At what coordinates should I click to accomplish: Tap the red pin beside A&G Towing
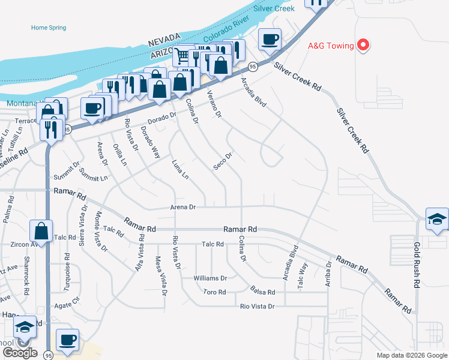click(x=363, y=44)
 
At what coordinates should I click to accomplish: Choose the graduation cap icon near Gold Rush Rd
click(x=436, y=220)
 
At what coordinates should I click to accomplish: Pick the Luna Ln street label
click(x=180, y=169)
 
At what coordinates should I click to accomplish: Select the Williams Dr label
click(x=210, y=278)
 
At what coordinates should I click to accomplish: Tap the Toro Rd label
click(x=214, y=292)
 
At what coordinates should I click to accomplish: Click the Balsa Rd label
click(x=263, y=292)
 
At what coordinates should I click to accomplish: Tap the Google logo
click(x=20, y=353)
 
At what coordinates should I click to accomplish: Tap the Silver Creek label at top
click(x=274, y=8)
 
